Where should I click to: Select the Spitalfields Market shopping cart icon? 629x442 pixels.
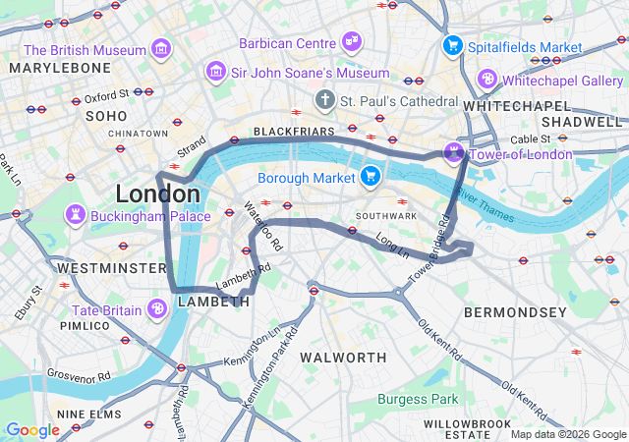pyautogui.click(x=452, y=45)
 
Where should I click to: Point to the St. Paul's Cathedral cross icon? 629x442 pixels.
pyautogui.click(x=324, y=100)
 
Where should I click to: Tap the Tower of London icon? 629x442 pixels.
pyautogui.click(x=453, y=152)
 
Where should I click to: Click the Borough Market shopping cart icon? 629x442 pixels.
pyautogui.click(x=371, y=177)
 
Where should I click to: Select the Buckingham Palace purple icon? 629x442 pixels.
pyautogui.click(x=75, y=215)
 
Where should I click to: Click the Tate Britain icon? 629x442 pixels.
pyautogui.click(x=157, y=310)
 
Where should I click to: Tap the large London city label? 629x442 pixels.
pyautogui.click(x=157, y=193)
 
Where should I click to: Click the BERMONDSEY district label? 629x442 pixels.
pyautogui.click(x=515, y=312)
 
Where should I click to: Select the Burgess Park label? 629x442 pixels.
pyautogui.click(x=418, y=399)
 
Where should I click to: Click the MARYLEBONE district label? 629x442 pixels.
pyautogui.click(x=61, y=67)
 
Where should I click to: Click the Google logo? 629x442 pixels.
pyautogui.click(x=32, y=429)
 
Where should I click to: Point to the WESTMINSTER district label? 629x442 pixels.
pyautogui.click(x=111, y=267)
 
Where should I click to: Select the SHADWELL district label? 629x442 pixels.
pyautogui.click(x=582, y=121)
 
